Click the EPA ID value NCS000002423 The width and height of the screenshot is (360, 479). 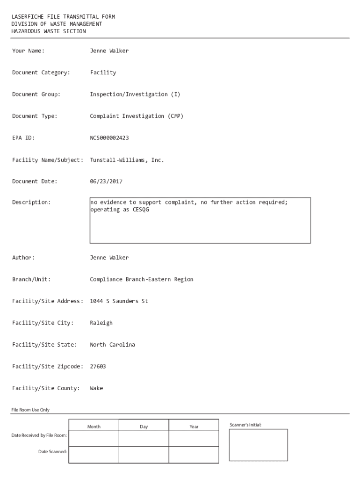(x=109, y=138)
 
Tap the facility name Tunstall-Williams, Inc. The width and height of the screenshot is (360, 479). (x=127, y=160)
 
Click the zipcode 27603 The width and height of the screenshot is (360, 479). (x=98, y=366)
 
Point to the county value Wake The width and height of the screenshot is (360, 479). (x=96, y=388)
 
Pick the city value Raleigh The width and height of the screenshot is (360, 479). (x=101, y=323)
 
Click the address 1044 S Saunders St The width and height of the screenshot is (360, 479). (x=119, y=301)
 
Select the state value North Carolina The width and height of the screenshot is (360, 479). (x=112, y=345)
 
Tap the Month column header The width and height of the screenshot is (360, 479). (x=94, y=427)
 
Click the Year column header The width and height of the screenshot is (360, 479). (x=194, y=427)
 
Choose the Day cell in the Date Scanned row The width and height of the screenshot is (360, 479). (x=144, y=454)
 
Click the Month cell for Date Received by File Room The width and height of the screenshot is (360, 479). (x=94, y=438)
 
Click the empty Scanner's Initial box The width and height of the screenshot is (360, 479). (x=258, y=445)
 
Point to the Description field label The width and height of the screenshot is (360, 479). (x=31, y=203)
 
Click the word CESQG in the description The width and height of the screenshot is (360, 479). (x=141, y=210)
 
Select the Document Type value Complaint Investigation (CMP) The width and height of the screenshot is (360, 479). (x=137, y=116)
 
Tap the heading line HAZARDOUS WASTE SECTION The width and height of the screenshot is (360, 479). (x=49, y=31)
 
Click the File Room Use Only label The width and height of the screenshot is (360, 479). (x=30, y=410)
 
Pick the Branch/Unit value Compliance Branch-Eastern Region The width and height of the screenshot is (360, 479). (x=141, y=279)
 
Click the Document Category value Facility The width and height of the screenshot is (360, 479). (x=103, y=73)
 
